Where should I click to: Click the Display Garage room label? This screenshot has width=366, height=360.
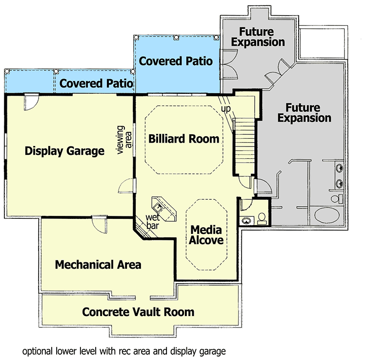[64, 151]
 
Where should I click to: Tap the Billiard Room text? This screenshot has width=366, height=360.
[183, 139]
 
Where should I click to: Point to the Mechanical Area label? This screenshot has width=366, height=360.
[98, 265]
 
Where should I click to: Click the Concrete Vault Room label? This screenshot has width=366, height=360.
[138, 312]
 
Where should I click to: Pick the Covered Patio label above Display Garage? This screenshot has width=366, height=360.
[96, 84]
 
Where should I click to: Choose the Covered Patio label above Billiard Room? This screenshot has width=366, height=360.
[176, 61]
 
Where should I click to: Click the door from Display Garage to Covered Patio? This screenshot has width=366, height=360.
[30, 101]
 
